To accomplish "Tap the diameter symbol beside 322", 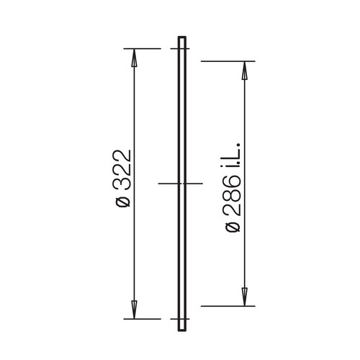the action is tap(123, 202).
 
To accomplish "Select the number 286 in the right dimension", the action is tap(233, 195).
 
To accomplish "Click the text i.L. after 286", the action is tap(233, 155).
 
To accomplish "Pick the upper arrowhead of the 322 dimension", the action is tap(134, 58).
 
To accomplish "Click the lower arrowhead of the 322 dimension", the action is tap(134, 310).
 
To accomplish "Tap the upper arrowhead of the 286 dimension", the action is tap(244, 71).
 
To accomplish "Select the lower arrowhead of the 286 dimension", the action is tap(244, 297).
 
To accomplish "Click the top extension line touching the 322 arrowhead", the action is tap(142, 49).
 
